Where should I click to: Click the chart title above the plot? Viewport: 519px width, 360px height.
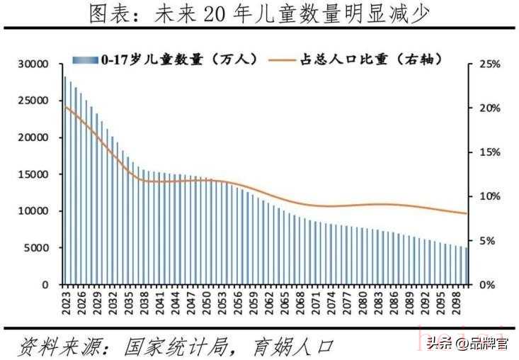tap(259, 13)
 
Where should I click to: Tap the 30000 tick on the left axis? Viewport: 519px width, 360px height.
tap(33, 64)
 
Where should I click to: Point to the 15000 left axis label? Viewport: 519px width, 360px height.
tap(33, 174)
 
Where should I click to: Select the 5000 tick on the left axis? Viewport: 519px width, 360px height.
tap(36, 248)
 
